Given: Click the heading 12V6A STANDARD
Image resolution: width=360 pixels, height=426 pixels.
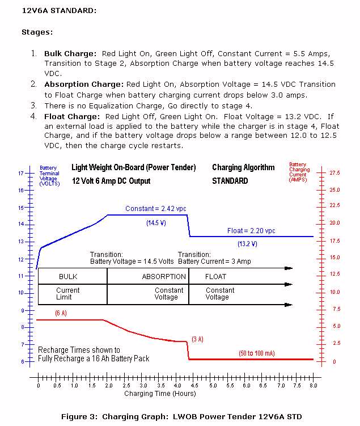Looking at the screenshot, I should [59, 10].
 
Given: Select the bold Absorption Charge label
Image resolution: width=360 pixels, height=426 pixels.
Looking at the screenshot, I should [84, 84].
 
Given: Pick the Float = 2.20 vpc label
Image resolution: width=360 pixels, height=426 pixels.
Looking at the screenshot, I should [251, 231].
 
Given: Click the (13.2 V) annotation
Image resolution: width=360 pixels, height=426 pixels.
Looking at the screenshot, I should [247, 244].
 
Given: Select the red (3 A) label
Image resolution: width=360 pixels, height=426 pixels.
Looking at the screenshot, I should [197, 339].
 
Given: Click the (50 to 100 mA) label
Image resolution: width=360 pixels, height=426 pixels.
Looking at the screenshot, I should [257, 353].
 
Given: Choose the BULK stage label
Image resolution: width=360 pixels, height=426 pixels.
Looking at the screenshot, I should [68, 277].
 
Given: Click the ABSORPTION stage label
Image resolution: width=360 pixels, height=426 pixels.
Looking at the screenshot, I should [164, 277].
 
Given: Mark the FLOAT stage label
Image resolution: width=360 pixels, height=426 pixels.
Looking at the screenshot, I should [215, 277].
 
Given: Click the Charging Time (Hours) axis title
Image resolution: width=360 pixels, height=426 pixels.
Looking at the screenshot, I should [153, 393].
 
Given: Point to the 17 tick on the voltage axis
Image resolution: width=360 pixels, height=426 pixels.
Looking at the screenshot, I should [21, 173].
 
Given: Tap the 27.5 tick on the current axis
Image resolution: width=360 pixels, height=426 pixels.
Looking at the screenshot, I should [334, 172].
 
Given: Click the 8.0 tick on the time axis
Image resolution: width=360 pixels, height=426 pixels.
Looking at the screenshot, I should [312, 385].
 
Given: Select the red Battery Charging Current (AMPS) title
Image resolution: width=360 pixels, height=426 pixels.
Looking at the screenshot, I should [299, 171].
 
